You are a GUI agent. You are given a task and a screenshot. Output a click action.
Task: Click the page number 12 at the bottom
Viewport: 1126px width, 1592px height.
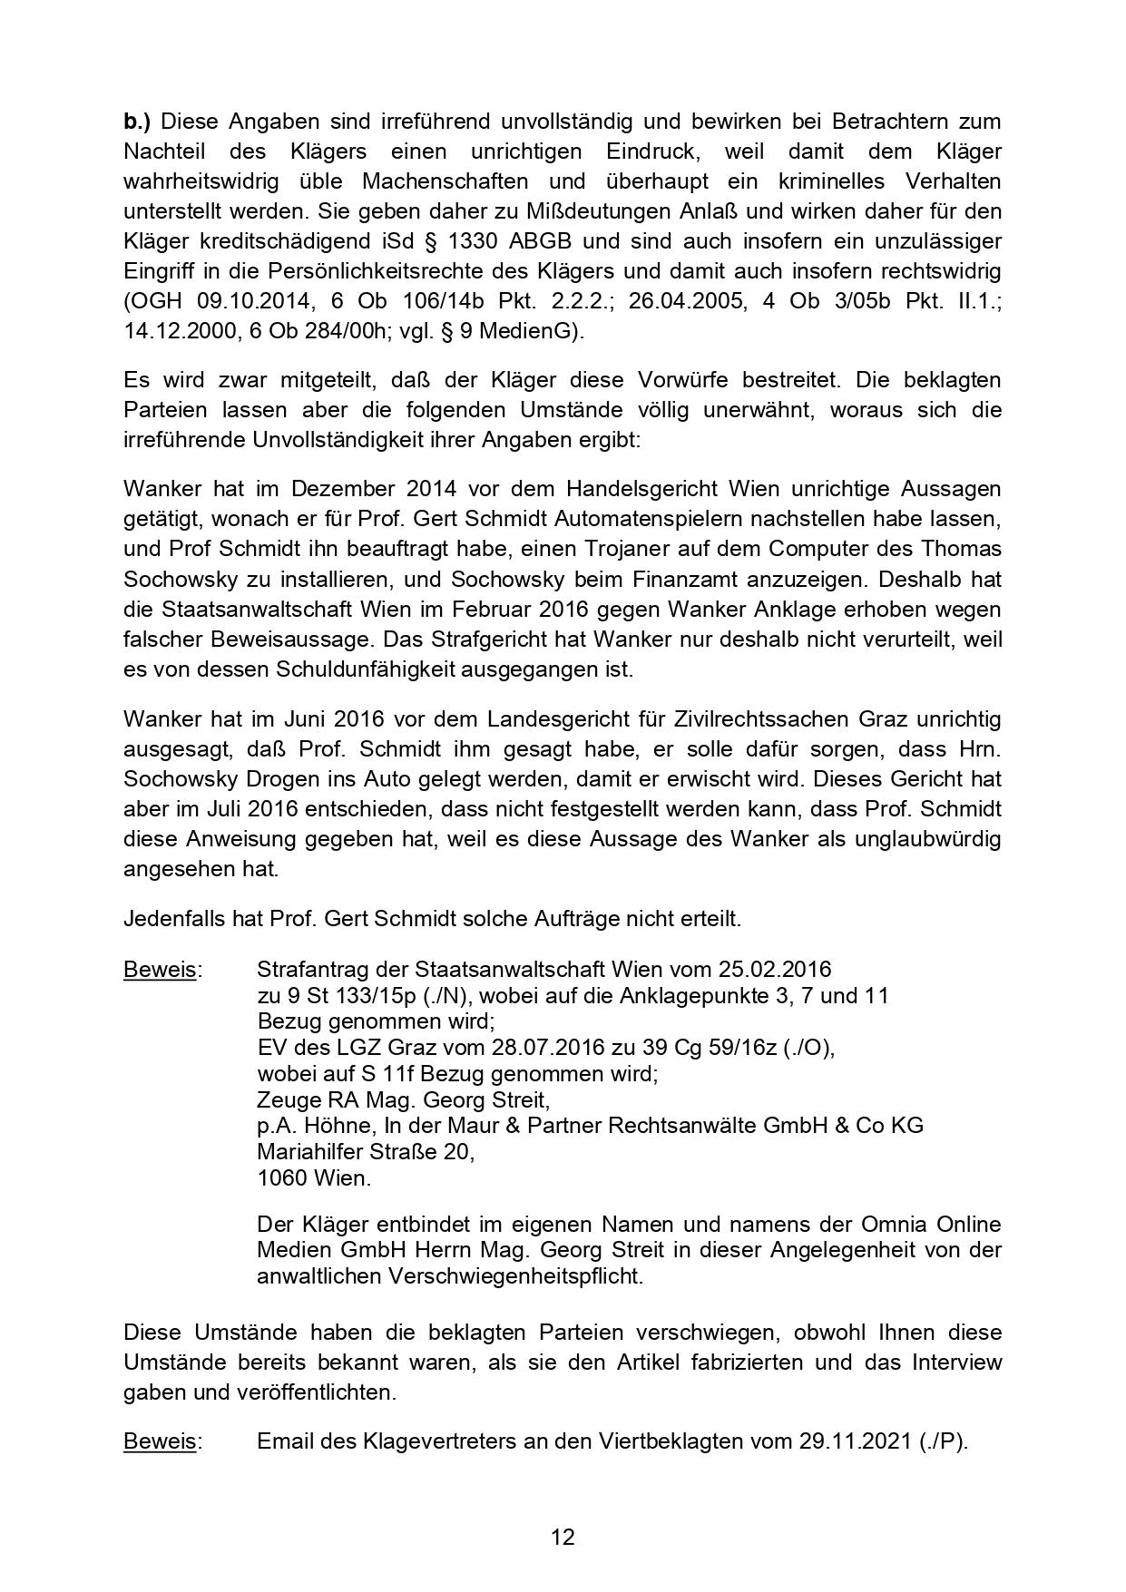[563, 1537]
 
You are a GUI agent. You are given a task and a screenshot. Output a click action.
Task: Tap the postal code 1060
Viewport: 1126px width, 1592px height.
[282, 1178]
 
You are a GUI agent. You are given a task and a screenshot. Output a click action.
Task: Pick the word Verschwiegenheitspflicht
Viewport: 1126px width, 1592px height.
[515, 1276]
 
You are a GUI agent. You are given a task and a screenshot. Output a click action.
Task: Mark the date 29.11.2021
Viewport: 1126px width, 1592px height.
[855, 1441]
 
